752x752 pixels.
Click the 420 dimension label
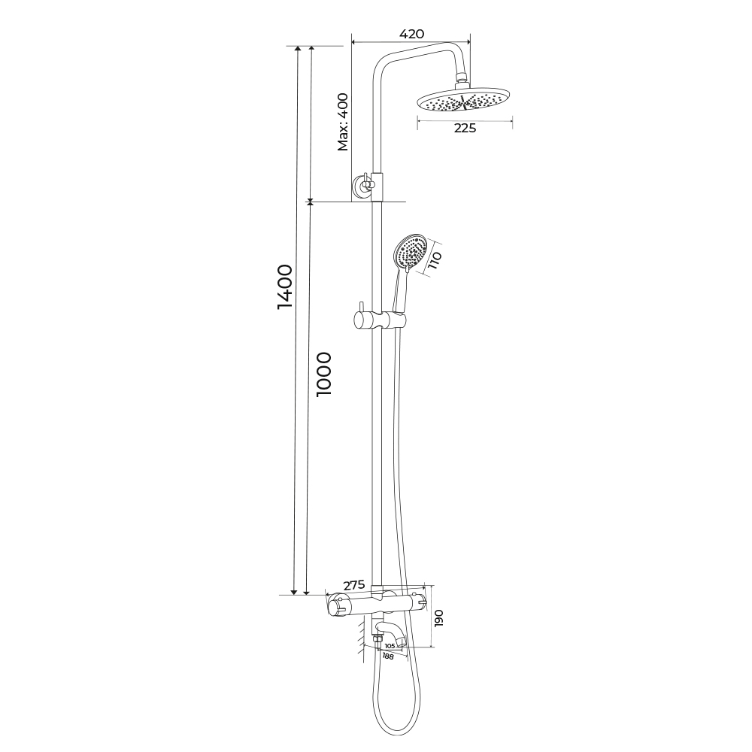(411, 34)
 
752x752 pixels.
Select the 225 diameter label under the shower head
(465, 128)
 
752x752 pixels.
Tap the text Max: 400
(343, 122)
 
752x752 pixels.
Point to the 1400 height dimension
(284, 287)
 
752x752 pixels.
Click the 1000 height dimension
(324, 374)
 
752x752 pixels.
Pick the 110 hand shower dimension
(435, 260)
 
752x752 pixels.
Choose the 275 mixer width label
(354, 585)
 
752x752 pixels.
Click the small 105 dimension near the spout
(390, 645)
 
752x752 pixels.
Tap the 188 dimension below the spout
(387, 656)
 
